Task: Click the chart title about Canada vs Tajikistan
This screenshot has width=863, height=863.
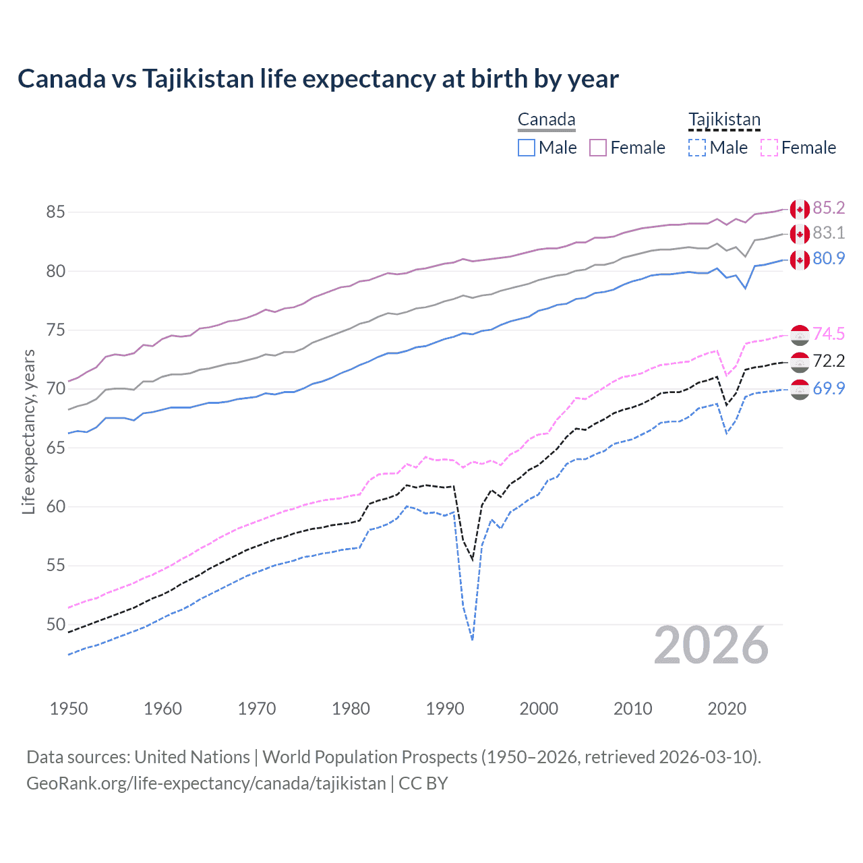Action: [318, 79]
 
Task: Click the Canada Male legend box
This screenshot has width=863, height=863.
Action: [527, 148]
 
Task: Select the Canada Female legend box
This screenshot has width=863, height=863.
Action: [598, 148]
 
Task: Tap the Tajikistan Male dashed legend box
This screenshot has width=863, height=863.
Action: [697, 148]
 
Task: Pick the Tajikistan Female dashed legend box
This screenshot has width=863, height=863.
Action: [769, 148]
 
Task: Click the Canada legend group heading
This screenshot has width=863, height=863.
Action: [546, 120]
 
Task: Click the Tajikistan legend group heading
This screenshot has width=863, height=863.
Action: [724, 120]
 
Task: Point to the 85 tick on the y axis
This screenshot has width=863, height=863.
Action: [55, 212]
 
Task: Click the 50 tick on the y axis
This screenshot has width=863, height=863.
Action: [55, 624]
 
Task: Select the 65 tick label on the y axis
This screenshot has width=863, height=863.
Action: [55, 448]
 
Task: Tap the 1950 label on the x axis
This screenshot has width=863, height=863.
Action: [69, 709]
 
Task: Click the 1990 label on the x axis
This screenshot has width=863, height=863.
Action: [445, 709]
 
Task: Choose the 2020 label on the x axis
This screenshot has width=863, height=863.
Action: [727, 709]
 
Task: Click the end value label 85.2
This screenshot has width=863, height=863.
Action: [829, 208]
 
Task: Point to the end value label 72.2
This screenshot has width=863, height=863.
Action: [829, 361]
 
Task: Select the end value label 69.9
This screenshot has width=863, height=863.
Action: [829, 388]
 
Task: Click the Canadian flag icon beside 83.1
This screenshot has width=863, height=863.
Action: [800, 234]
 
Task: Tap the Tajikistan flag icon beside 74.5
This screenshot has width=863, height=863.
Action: [800, 334]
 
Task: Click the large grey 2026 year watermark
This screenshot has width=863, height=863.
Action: [711, 646]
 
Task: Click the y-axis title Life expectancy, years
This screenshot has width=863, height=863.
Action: [29, 431]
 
